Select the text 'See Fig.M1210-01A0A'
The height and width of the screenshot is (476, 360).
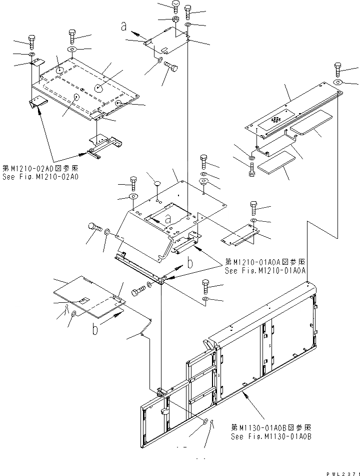265,271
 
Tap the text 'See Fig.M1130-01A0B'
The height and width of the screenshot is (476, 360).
270,436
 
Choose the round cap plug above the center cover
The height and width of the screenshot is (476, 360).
156,184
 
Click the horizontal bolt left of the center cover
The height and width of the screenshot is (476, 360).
95,228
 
